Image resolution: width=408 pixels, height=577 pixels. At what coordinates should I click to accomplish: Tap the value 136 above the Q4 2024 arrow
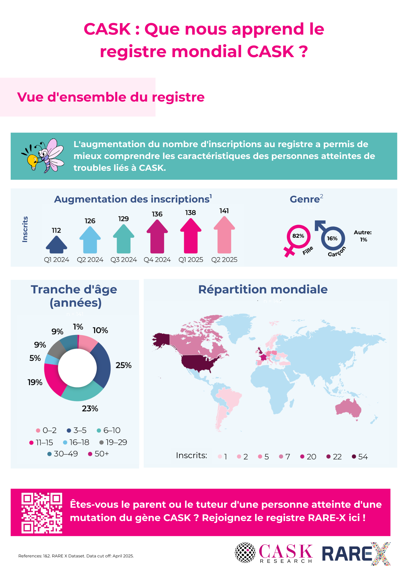[157, 214]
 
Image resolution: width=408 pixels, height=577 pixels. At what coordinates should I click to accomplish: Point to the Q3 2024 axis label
[123, 260]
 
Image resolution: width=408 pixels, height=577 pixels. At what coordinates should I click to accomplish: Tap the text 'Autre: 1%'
[363, 236]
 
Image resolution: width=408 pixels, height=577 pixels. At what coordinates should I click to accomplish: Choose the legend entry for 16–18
[76, 442]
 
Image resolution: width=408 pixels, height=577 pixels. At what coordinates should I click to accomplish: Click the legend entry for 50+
[98, 454]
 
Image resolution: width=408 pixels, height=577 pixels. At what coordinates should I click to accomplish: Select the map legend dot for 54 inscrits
[354, 456]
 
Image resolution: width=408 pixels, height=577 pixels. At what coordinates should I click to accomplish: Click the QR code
[42, 513]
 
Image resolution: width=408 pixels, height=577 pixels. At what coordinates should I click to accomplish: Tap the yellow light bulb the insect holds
[32, 160]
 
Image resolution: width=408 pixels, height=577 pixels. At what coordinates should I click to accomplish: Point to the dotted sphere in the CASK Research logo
[245, 553]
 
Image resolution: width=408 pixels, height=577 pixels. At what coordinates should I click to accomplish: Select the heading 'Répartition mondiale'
[263, 289]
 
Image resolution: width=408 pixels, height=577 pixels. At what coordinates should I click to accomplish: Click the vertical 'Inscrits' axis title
[25, 229]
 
